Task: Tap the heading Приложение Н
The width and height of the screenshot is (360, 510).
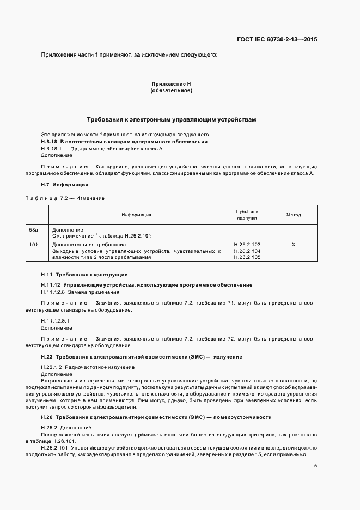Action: (x=171, y=84)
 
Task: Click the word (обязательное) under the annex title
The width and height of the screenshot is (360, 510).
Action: (x=171, y=90)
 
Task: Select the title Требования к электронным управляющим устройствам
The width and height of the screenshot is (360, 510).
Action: (x=171, y=119)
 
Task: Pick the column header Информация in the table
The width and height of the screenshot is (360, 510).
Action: (x=136, y=215)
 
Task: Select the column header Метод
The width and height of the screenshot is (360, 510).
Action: (x=294, y=215)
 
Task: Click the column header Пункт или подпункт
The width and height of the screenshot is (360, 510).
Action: (x=247, y=215)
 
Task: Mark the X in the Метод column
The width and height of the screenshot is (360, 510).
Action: (x=294, y=245)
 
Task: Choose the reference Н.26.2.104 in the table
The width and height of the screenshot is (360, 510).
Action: (x=247, y=251)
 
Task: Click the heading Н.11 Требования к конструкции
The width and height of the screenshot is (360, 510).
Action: (x=84, y=274)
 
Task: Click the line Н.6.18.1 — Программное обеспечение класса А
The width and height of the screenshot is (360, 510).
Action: (x=102, y=148)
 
